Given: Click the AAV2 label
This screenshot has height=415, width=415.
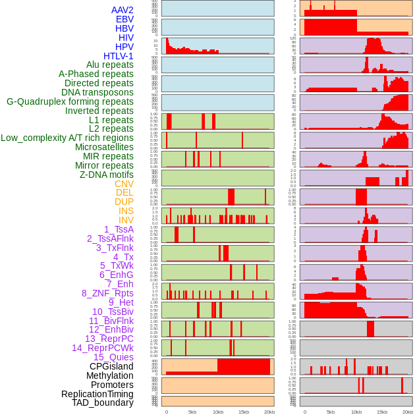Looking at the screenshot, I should (x=122, y=10).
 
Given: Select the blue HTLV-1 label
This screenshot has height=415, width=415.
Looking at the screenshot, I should (x=118, y=56).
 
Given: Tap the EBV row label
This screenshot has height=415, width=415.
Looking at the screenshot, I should (x=124, y=19).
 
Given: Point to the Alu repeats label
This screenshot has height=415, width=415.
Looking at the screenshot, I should (x=110, y=65).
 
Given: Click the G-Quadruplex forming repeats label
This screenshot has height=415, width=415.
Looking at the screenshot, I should (x=70, y=101).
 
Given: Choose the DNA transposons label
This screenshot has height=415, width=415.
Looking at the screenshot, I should (x=97, y=92).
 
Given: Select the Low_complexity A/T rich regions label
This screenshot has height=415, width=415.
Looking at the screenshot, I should (x=67, y=138).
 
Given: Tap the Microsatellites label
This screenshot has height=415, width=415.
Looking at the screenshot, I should (x=104, y=147).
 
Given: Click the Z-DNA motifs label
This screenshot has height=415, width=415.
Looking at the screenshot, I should (x=107, y=175).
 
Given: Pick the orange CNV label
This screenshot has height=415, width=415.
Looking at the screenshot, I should (x=124, y=184).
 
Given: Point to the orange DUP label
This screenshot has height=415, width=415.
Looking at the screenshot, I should (x=124, y=202).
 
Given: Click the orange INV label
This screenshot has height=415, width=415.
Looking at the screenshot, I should (x=126, y=220).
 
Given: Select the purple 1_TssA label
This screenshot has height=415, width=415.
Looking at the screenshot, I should (x=119, y=229).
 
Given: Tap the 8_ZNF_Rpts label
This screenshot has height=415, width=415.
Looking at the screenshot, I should (x=107, y=293).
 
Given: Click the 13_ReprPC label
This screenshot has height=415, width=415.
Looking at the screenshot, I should (x=109, y=339).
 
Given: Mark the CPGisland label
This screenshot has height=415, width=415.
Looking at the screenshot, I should (x=111, y=366).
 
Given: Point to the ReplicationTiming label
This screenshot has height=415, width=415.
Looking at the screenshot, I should (x=97, y=394).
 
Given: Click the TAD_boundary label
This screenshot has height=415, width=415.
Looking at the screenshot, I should (x=102, y=402).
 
